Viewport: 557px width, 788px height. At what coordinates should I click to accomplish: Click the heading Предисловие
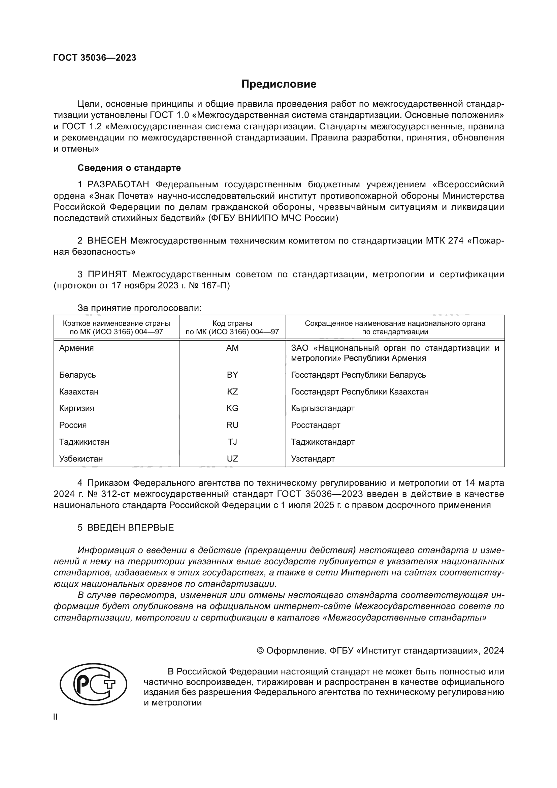(x=278, y=84)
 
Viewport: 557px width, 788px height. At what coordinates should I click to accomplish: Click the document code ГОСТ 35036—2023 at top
(x=95, y=58)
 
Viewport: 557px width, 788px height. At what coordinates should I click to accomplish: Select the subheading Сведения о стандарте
(x=129, y=168)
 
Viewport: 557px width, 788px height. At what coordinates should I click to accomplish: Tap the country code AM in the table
(x=232, y=348)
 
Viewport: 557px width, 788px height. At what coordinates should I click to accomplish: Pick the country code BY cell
(x=232, y=375)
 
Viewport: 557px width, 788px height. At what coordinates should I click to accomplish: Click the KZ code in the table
(x=232, y=391)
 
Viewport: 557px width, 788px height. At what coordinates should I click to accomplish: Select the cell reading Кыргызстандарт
(x=323, y=408)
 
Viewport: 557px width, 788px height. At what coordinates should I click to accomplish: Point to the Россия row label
(x=73, y=425)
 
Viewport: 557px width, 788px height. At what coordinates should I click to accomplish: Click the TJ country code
(x=232, y=442)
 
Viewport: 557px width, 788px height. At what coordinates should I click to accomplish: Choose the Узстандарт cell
(x=313, y=459)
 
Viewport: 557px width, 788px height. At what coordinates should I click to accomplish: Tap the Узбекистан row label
(x=81, y=459)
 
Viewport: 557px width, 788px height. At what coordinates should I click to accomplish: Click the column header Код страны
(x=232, y=323)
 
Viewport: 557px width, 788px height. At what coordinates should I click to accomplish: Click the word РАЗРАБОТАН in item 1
(x=118, y=185)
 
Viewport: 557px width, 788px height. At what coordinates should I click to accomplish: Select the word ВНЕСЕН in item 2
(x=107, y=241)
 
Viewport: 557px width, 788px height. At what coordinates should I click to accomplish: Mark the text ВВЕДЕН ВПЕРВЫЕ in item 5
(x=130, y=528)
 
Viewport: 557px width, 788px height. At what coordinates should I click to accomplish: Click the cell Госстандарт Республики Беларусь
(x=358, y=375)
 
